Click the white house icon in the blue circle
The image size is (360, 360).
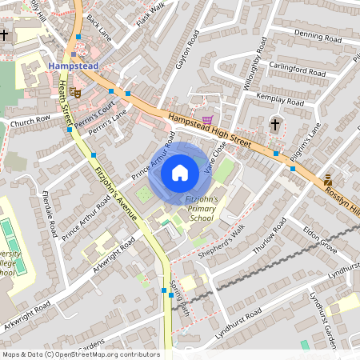click(x=180, y=172)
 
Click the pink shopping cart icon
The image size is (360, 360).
click(x=208, y=120)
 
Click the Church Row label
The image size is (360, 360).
click(x=30, y=120)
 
